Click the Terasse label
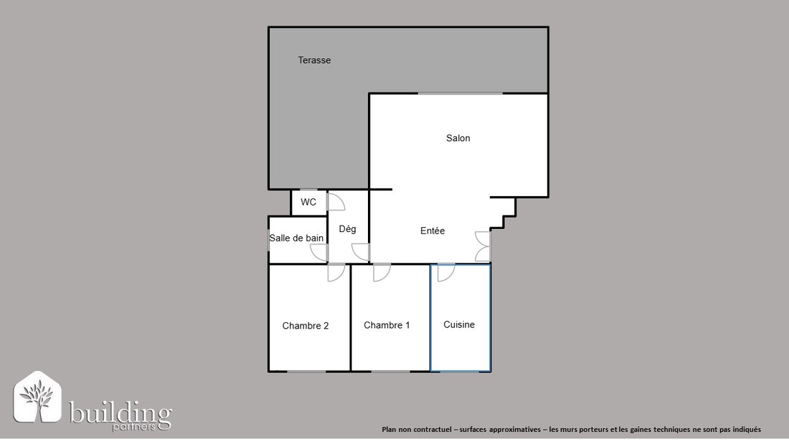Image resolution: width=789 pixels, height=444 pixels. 314,60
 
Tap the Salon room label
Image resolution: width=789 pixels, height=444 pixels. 458,138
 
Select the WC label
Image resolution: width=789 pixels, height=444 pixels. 308,202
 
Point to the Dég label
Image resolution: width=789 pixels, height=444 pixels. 347,229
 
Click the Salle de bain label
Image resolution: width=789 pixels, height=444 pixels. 296,238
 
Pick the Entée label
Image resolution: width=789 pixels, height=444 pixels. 433,231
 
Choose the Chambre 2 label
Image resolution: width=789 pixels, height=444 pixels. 306,326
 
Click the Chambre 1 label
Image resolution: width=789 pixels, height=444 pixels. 387,325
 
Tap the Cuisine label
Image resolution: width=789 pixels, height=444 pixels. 459,325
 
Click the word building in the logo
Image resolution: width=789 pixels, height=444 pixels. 121,413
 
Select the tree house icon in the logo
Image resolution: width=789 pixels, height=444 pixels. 37,397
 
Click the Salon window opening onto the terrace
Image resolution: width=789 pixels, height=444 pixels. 460,93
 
